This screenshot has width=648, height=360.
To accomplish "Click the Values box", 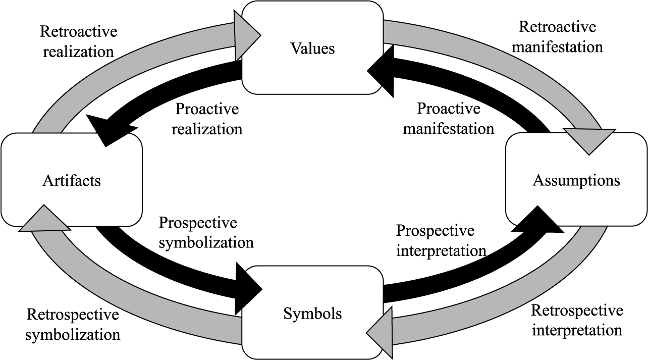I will coord(312,48).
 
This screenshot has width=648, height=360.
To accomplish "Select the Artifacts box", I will coord(71,180).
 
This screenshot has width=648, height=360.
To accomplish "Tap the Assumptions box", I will coord(576,180).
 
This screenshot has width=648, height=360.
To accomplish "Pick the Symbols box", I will coord(312,314).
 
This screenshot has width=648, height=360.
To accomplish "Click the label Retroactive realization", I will coord(78,41).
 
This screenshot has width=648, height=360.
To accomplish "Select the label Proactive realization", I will coord(206,119).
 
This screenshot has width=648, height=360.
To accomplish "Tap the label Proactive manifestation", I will coord(448,119).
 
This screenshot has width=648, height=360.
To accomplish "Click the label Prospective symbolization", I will coord(206,233).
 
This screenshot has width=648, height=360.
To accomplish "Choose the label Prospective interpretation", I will coord(441,240).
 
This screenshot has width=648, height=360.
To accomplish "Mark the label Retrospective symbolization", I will coord(73,324).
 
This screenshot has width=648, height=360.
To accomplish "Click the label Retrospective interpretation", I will coord(577,320).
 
